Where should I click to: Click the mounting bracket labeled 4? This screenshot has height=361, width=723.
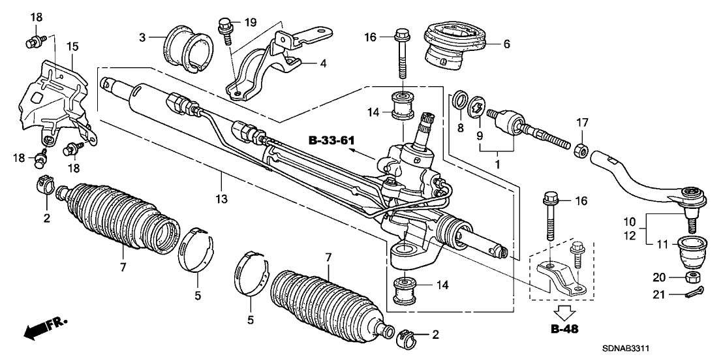pyautogui.click(x=268, y=65)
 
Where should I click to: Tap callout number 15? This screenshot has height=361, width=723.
pyautogui.click(x=72, y=46)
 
